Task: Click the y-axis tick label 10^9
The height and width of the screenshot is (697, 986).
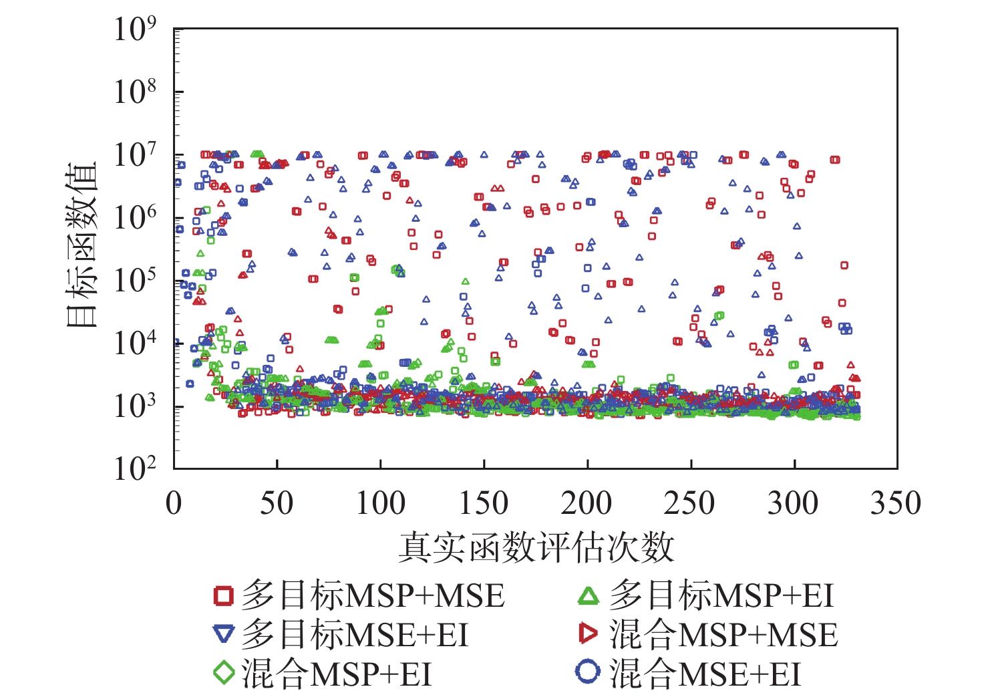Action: (x=135, y=30)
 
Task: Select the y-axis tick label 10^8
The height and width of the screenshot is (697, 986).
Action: (x=135, y=92)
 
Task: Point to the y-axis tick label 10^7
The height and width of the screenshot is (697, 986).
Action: (x=135, y=155)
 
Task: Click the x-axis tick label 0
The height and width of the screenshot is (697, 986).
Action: (x=174, y=503)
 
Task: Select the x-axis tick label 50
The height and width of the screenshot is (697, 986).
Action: (x=277, y=503)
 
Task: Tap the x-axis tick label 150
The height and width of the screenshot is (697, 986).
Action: (x=484, y=503)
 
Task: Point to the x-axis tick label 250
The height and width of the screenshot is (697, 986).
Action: (x=690, y=503)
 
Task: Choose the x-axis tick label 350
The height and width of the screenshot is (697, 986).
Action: (x=896, y=503)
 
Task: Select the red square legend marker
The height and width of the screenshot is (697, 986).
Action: (x=224, y=595)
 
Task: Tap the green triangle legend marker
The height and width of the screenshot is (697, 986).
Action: (x=589, y=595)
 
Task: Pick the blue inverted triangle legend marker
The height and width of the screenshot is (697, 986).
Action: (x=224, y=634)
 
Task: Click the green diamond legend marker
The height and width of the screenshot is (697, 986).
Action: (x=224, y=672)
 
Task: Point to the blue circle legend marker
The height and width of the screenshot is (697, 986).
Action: (x=588, y=672)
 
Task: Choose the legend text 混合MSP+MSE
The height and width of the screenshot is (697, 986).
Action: (x=723, y=634)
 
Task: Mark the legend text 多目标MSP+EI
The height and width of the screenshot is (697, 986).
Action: (x=721, y=595)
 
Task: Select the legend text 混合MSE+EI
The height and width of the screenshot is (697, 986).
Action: (x=705, y=673)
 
